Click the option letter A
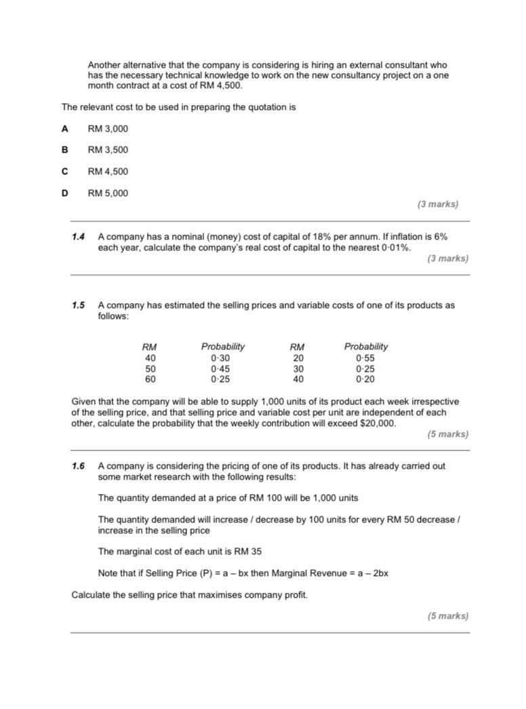(65, 128)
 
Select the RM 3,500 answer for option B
(108, 150)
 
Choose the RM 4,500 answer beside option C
(108, 172)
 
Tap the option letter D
(65, 193)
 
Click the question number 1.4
(79, 237)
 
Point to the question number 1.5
(79, 305)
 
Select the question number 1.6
(79, 467)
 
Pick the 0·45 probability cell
(220, 369)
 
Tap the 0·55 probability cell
(365, 358)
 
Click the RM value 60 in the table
(150, 380)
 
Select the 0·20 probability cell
(365, 380)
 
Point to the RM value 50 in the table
(150, 369)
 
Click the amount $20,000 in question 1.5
(376, 423)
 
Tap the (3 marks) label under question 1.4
(447, 258)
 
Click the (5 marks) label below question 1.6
(447, 616)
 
